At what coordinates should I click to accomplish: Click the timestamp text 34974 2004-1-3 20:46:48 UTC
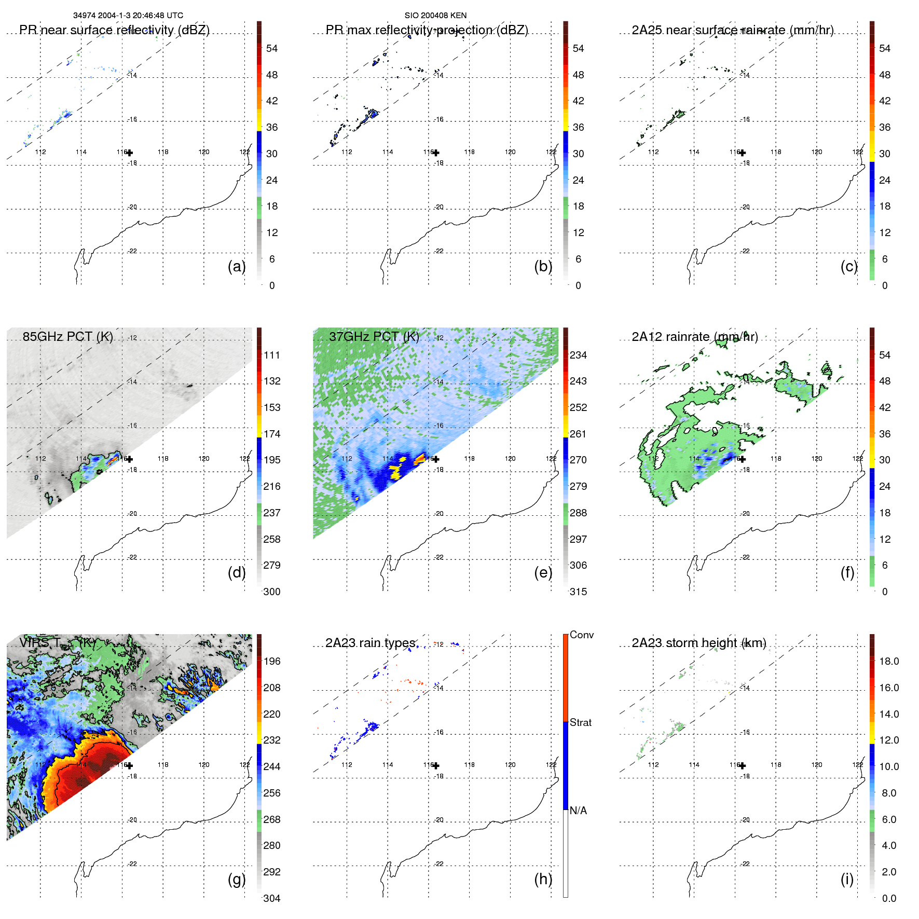128,16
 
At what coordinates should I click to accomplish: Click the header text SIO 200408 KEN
435,16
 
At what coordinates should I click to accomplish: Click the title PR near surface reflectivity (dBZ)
114,30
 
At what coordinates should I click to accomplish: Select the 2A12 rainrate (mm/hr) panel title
694,337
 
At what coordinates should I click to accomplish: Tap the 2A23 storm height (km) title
698,643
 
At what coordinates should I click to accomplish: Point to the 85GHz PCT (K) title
67,337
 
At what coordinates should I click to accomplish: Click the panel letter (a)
237,266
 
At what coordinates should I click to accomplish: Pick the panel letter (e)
543,572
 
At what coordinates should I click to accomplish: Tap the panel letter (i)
847,879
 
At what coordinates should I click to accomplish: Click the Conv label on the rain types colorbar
581,635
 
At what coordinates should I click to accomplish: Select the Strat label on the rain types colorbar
580,722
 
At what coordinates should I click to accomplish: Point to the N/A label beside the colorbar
578,811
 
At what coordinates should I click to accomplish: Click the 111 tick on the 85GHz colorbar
271,355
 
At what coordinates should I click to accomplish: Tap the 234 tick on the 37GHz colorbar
578,355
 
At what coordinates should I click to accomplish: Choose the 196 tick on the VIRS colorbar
271,661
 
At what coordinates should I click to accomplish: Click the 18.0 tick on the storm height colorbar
888,661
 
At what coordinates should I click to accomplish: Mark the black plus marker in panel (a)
130,153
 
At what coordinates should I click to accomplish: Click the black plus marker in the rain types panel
436,765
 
